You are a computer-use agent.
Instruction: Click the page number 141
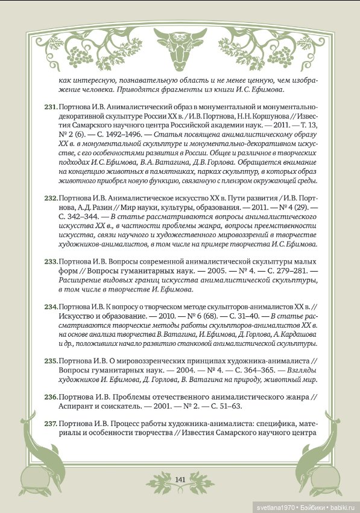tap(180, 479)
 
